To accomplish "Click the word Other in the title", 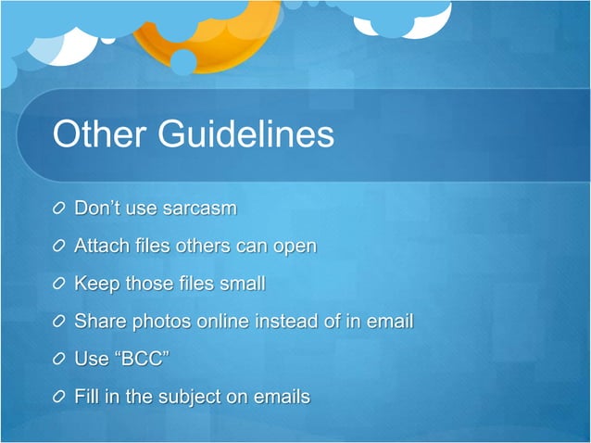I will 98,134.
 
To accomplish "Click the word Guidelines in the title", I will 246,134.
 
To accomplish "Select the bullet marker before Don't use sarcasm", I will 59,209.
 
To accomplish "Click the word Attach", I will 100,247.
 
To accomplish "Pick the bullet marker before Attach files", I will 59,247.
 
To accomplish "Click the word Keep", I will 94,284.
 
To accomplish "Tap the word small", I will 242,284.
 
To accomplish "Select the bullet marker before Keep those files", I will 59,284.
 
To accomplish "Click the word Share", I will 98,322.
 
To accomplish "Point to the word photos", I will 157,322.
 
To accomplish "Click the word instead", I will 286,322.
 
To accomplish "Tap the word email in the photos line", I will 388,322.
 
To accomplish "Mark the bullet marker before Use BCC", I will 59,360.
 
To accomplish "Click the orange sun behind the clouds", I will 222,37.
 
